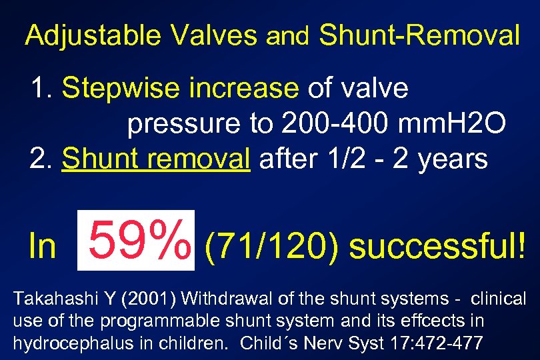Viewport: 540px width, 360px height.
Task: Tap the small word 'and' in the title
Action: (288, 37)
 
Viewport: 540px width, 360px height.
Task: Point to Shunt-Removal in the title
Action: (419, 35)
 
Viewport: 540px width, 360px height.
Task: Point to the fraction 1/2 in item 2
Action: (374, 159)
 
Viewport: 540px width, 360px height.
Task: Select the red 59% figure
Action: (136, 241)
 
